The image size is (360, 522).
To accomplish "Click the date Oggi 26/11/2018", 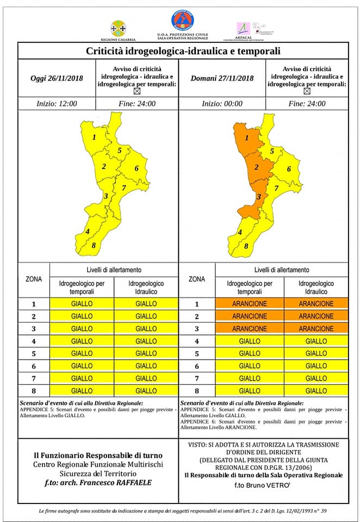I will (57, 78).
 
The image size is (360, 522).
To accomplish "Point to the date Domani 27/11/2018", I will (222, 78).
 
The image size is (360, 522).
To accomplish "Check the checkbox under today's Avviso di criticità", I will (136, 92).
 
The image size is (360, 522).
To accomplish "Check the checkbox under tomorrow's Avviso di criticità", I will (307, 92).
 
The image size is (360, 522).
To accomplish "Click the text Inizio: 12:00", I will (57, 104).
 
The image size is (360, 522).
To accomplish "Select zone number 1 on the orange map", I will (247, 138).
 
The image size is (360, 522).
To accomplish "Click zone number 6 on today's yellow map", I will (136, 168).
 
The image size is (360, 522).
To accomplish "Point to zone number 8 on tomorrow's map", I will (246, 246).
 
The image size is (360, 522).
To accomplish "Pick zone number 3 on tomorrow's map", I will (259, 197).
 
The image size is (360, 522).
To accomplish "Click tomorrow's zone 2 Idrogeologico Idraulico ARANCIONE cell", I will (316, 316).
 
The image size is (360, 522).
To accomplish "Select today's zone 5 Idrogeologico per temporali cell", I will (82, 353).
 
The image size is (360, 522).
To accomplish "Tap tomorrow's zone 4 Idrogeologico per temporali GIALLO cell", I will (250, 341).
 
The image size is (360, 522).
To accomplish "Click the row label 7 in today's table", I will (33, 378).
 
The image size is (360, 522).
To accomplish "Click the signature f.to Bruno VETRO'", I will (263, 484).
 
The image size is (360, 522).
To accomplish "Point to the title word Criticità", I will (107, 52).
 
